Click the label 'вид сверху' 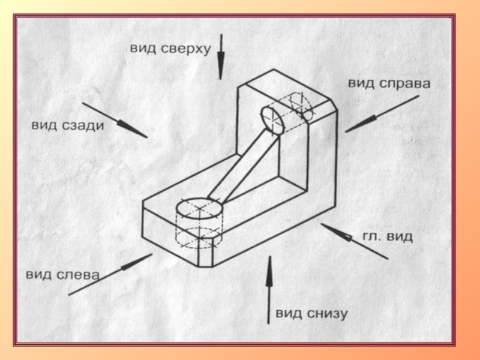click(x=170, y=49)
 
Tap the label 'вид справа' click(x=389, y=84)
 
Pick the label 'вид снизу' click(x=311, y=313)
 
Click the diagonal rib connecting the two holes click(x=244, y=168)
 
